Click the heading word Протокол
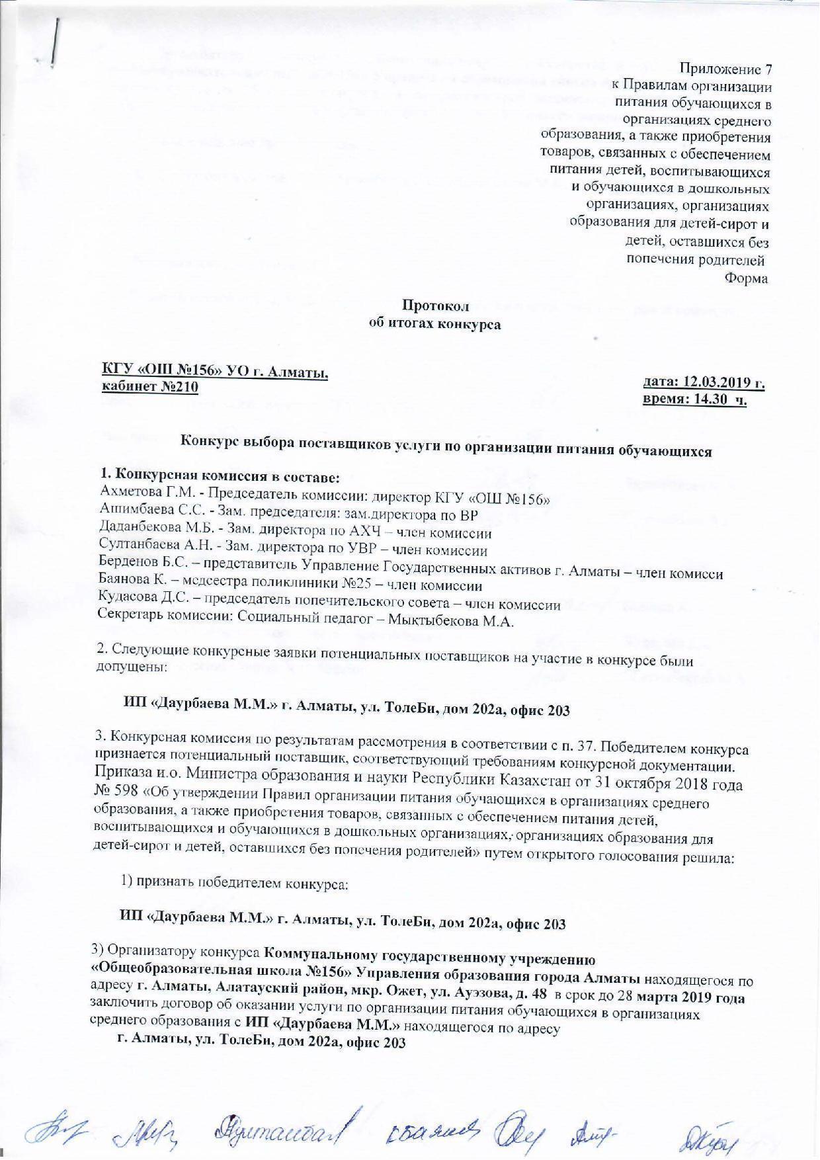pos(435,306)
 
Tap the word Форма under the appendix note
pos(747,278)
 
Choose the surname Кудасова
pos(124,603)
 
